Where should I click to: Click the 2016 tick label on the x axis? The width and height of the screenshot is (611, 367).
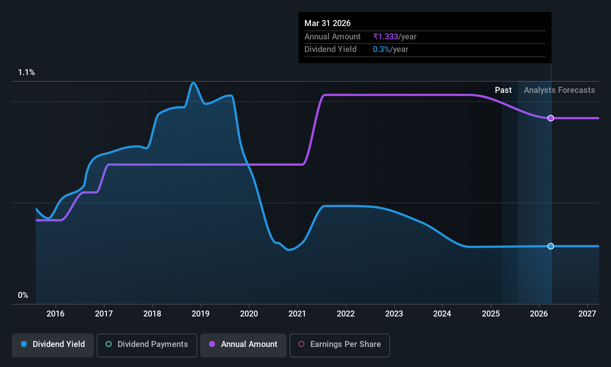pyautogui.click(x=55, y=314)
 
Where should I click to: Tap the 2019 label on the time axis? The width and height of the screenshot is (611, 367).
pyautogui.click(x=201, y=314)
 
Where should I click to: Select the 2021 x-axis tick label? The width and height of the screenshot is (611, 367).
pyautogui.click(x=297, y=314)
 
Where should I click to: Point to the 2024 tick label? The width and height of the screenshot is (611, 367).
pyautogui.click(x=442, y=314)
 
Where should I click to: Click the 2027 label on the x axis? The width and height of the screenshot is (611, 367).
pyautogui.click(x=587, y=314)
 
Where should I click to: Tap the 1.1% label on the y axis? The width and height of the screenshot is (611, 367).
pyautogui.click(x=26, y=72)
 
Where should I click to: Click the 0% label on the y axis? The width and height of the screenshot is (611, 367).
pyautogui.click(x=23, y=295)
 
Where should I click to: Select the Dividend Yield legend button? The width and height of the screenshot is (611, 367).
pyautogui.click(x=52, y=345)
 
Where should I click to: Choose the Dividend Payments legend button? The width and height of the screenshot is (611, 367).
pyautogui.click(x=147, y=345)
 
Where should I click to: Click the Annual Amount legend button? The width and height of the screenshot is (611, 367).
pyautogui.click(x=243, y=345)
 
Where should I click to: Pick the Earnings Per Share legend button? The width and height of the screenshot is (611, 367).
pyautogui.click(x=340, y=345)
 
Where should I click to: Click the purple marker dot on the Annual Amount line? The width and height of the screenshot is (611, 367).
pyautogui.click(x=551, y=118)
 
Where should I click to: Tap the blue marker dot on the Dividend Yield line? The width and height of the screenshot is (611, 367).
pyautogui.click(x=551, y=246)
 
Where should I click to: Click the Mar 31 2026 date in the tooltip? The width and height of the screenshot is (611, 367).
pyautogui.click(x=327, y=23)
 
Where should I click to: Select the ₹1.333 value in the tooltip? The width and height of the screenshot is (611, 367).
pyautogui.click(x=386, y=36)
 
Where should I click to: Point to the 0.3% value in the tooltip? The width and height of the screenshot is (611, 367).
pyautogui.click(x=381, y=49)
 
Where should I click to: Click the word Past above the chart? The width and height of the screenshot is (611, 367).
pyautogui.click(x=503, y=90)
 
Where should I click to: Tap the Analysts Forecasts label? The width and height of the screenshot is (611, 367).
pyautogui.click(x=559, y=90)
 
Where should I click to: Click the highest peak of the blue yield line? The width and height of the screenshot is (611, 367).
pyautogui.click(x=193, y=82)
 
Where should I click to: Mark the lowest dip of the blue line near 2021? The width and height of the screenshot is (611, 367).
pyautogui.click(x=289, y=250)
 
